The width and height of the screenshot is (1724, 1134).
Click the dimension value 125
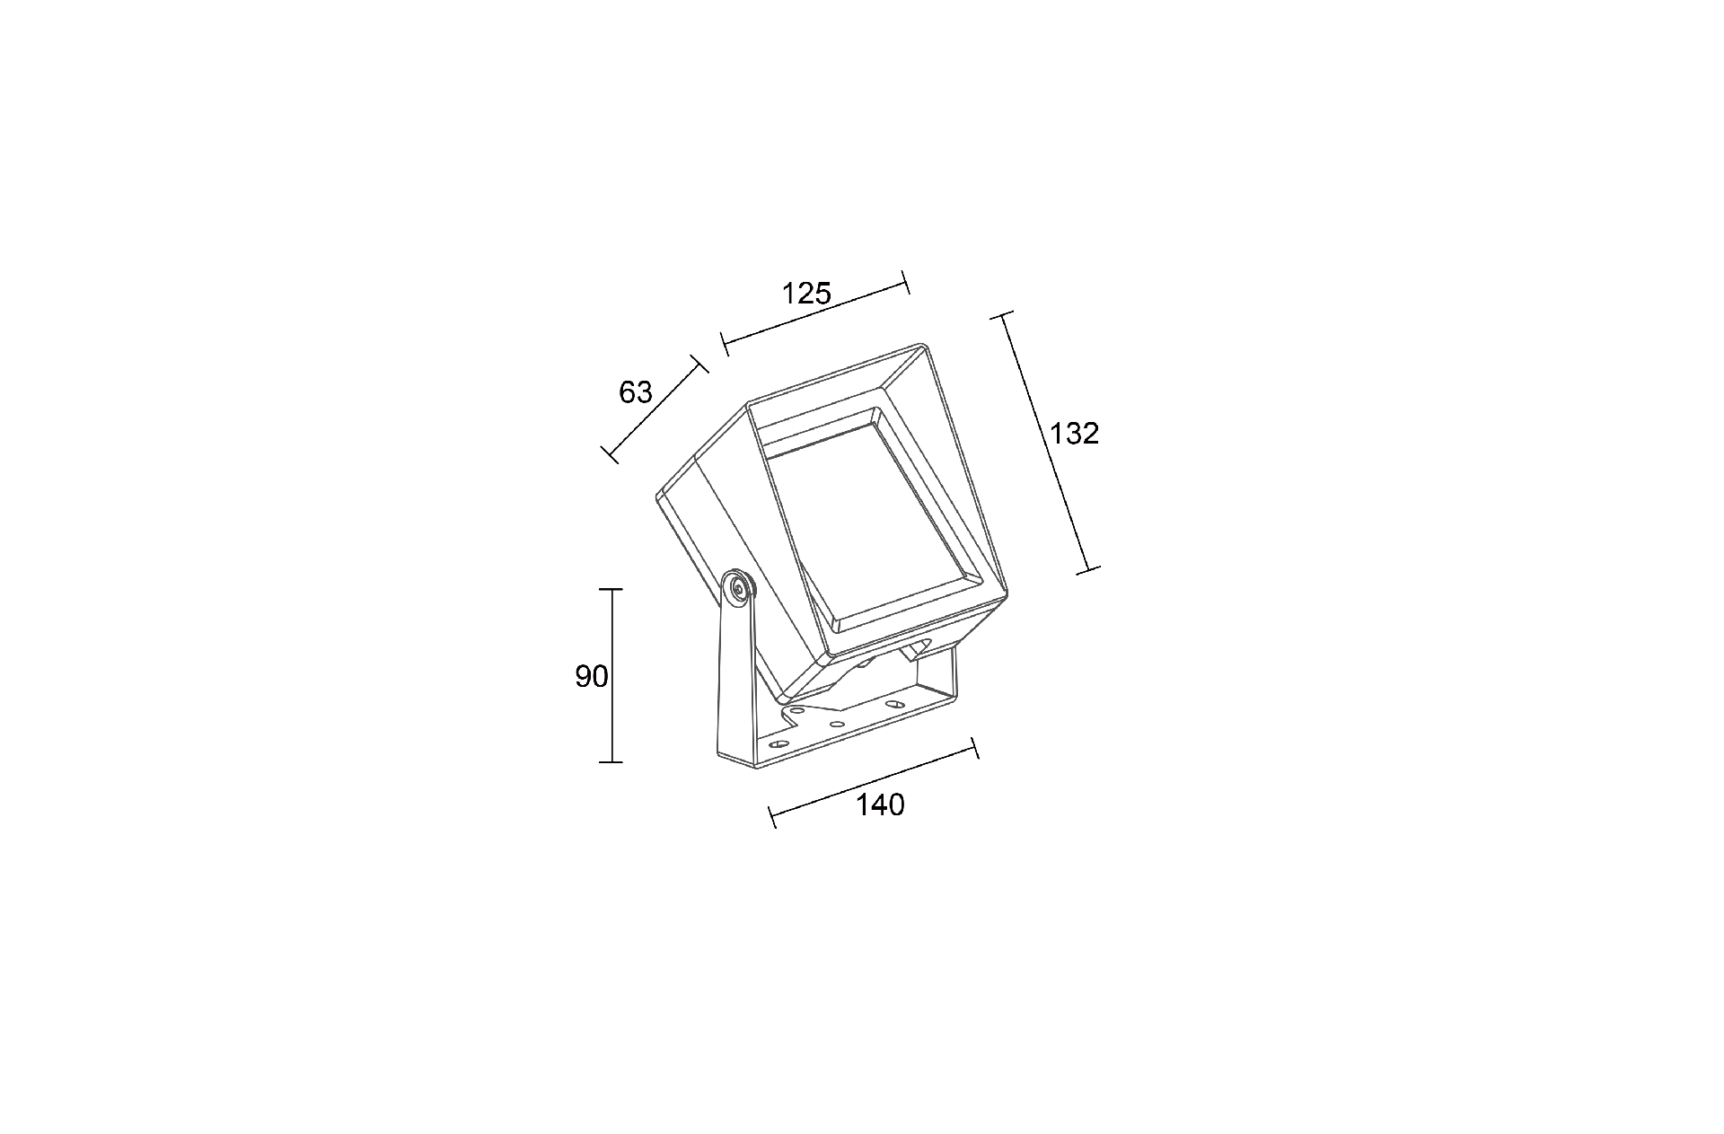click(x=806, y=294)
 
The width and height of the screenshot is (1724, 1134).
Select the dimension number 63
click(x=636, y=392)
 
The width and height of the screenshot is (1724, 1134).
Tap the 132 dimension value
click(x=1075, y=434)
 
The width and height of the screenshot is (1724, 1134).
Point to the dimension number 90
click(x=592, y=677)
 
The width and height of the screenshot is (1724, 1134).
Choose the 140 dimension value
click(x=880, y=805)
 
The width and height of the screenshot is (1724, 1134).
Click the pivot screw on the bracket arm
click(x=739, y=589)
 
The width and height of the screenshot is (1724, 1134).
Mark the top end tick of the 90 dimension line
click(x=611, y=589)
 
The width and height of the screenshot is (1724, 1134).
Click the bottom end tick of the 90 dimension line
click(x=611, y=762)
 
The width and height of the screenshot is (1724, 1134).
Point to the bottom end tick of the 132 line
click(x=1087, y=569)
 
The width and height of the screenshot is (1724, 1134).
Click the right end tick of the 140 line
click(x=975, y=749)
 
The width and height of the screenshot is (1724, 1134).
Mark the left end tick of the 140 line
click(x=773, y=816)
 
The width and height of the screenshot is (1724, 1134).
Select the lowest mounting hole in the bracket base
click(x=778, y=744)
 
